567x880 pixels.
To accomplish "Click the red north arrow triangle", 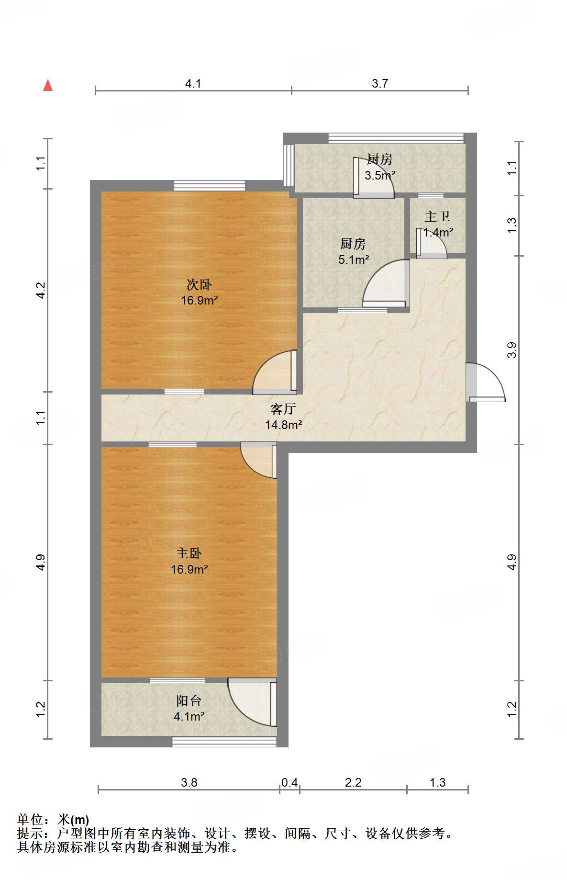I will tap(48, 86).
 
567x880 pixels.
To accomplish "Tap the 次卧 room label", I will tap(199, 285).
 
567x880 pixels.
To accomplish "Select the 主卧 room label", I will tap(189, 553).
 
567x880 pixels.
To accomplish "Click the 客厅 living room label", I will tap(283, 409).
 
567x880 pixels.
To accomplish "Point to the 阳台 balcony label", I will tap(189, 701).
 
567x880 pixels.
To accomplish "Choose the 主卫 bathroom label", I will tap(437, 217).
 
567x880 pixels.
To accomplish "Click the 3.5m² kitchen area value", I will tap(380, 175).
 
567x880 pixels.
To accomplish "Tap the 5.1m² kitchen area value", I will tap(354, 260).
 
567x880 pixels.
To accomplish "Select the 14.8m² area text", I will tap(284, 425).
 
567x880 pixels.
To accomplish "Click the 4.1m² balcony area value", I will tap(189, 717).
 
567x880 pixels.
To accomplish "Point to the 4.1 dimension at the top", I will tap(193, 84).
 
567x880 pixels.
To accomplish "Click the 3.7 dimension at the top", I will tap(380, 84).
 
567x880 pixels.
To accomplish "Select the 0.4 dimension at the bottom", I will tap(289, 782).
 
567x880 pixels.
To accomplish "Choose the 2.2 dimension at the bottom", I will tap(353, 782).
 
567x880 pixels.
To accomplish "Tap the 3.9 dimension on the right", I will tap(512, 350).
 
